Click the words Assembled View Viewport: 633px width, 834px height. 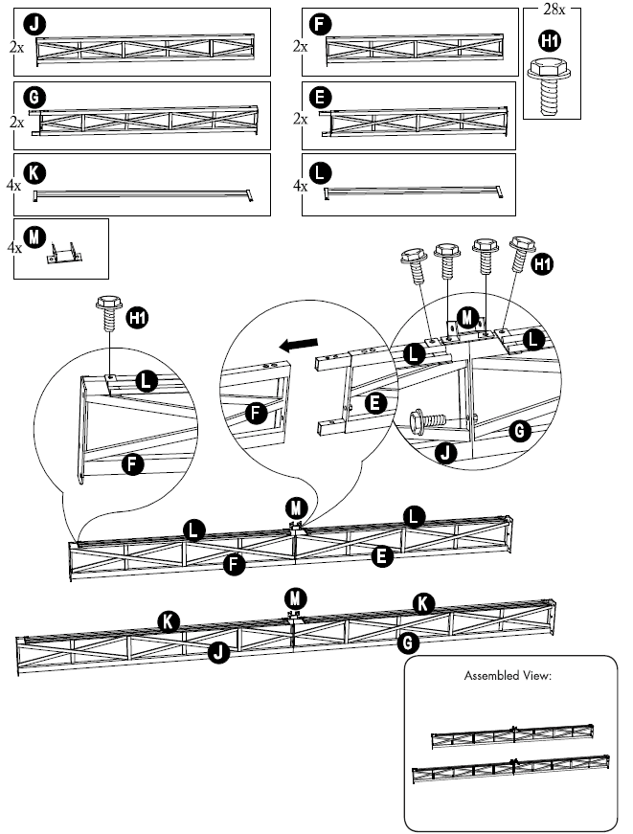[x=508, y=675]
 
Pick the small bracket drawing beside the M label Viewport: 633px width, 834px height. [x=65, y=252]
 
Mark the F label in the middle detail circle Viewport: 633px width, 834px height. [x=257, y=414]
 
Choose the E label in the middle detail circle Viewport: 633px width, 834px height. [x=375, y=403]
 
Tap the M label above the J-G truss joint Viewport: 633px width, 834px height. [x=295, y=596]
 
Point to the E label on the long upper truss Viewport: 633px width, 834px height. [x=382, y=554]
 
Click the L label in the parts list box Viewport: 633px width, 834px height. [x=322, y=172]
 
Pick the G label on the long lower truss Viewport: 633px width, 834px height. [x=406, y=642]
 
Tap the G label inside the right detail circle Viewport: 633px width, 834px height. [x=517, y=432]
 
